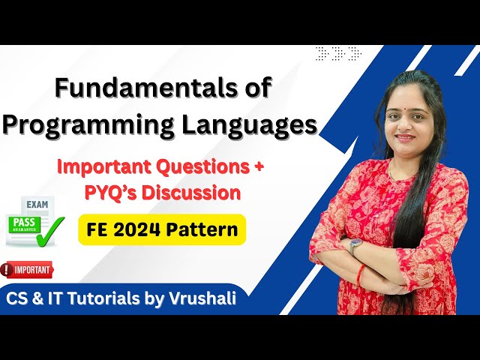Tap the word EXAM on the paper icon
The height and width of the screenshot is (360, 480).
pos(36,204)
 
